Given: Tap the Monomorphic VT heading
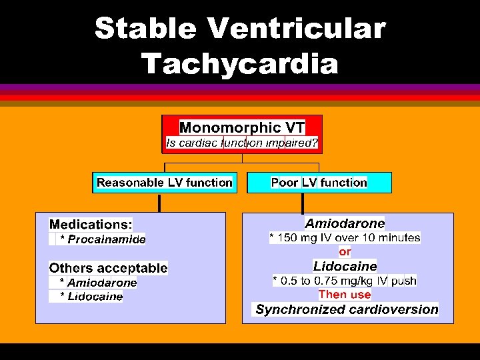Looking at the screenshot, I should (x=242, y=127).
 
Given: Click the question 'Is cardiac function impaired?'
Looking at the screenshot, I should (x=242, y=143).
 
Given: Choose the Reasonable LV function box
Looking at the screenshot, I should (x=165, y=182).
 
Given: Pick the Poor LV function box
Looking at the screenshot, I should (x=319, y=182).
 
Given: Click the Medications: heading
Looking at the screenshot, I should (x=91, y=224).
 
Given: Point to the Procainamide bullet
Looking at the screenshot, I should (x=103, y=239).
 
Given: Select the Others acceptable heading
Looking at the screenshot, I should (x=108, y=268).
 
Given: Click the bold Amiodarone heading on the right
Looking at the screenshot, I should (x=345, y=223).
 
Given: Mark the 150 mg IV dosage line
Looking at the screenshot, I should (x=345, y=237).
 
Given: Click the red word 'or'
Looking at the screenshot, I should (x=345, y=251).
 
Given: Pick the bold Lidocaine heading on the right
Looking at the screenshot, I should (x=345, y=266).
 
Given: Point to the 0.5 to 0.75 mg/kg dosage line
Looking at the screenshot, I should (x=345, y=281).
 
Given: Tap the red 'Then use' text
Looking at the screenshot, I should (x=345, y=294).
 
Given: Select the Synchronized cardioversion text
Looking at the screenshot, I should (x=347, y=309).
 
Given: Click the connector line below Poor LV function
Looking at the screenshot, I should (x=303, y=203).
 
